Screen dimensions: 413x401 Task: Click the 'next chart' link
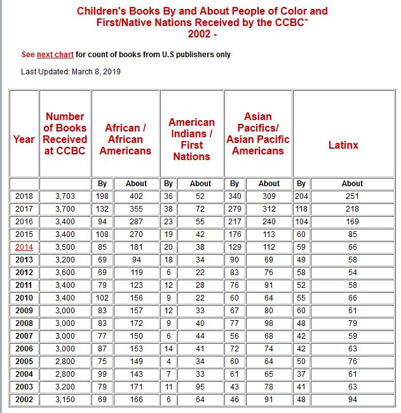point(55,55)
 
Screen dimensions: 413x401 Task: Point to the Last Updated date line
point(71,71)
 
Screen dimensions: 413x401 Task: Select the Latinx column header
point(343,145)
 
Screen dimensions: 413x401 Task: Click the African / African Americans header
point(125,139)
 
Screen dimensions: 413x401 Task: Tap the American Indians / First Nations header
point(191,139)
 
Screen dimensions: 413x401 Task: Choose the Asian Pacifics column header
point(258,133)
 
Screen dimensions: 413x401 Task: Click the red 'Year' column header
point(24,139)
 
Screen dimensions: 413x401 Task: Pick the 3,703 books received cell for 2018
point(65,196)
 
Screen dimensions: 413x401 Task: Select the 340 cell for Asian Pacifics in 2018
point(234,196)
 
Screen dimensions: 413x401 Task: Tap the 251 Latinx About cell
point(352,196)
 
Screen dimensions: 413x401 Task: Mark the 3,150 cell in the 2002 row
point(65,400)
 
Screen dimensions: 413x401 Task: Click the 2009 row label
point(24,311)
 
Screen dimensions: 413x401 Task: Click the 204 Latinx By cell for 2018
point(301,196)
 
